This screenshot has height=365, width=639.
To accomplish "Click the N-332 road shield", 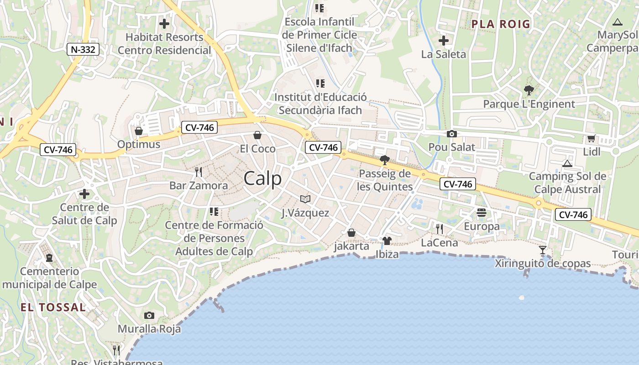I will coord(83,49).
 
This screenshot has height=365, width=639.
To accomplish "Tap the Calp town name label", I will coord(263,178).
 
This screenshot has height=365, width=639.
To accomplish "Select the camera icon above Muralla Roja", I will coord(149,316).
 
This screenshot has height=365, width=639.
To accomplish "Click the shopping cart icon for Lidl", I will coord(591,138).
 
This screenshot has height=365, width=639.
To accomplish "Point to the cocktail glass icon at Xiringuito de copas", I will coord(543,250).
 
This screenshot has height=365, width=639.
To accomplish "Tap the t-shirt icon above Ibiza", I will coord(387,241).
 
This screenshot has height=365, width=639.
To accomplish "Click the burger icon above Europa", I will coord(482,213).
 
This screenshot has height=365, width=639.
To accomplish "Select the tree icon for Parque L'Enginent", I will coord(529,90).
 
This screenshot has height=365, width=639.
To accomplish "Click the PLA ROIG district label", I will coord(501,24).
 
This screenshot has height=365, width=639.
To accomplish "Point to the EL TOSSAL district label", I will coord(53,308).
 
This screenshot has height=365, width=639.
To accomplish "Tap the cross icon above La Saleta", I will coord(443,41).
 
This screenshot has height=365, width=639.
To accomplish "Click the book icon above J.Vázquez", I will coord(305,199).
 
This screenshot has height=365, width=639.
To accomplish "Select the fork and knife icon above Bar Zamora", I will coord(199,172).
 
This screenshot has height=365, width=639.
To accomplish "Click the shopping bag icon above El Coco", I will coord(257,135).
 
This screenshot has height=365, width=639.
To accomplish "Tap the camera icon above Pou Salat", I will coord(452,134).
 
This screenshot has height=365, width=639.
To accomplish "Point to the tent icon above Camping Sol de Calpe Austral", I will coord(567,163).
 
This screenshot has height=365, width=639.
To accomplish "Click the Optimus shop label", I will coord(139,145).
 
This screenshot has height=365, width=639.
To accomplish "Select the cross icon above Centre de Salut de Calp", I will coord(84,194).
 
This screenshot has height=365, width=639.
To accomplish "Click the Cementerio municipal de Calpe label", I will coord(49,278).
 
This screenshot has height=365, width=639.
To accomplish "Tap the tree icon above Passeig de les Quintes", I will coord(385,160).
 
